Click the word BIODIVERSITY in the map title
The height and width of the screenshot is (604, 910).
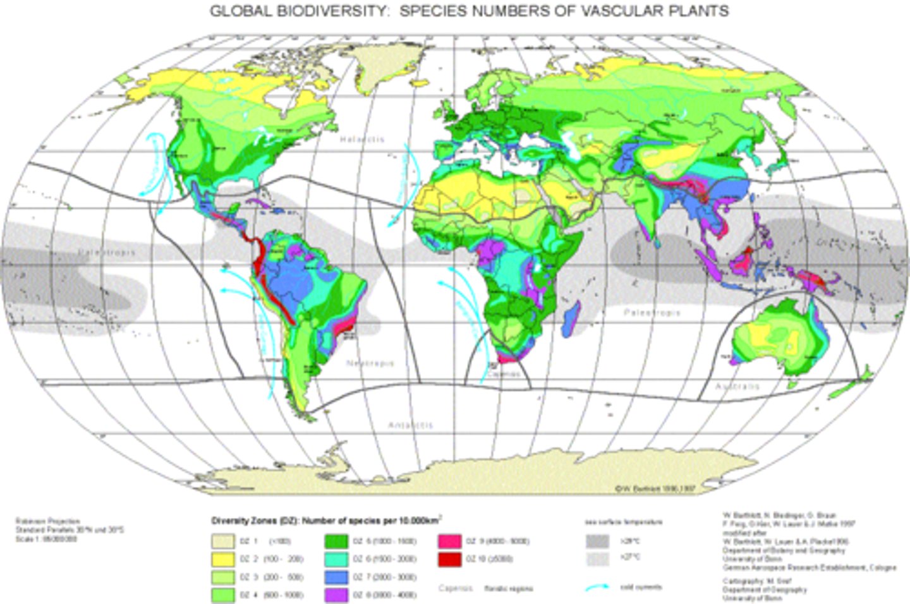click(x=325, y=11)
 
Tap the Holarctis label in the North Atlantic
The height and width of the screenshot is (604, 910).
click(x=362, y=139)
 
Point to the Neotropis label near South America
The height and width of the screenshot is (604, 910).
click(x=370, y=363)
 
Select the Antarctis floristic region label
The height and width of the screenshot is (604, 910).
click(x=411, y=425)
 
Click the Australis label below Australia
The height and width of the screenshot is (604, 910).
click(x=737, y=385)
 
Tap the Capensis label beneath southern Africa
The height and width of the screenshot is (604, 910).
click(x=504, y=374)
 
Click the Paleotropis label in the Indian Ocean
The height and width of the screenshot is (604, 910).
click(x=652, y=312)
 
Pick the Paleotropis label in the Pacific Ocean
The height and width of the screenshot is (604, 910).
click(x=107, y=252)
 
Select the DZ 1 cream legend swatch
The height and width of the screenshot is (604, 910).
click(x=223, y=541)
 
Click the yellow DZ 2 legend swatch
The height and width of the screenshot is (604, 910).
click(x=223, y=559)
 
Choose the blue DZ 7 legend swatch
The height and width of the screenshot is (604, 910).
click(x=337, y=577)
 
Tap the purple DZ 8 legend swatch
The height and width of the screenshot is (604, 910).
click(x=337, y=595)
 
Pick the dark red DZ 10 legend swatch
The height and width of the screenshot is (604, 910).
click(x=449, y=559)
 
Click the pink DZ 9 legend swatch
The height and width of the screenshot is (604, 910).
click(x=449, y=541)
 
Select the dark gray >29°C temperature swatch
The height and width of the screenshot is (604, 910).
click(x=597, y=541)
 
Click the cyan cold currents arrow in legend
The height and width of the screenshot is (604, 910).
click(x=597, y=588)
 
